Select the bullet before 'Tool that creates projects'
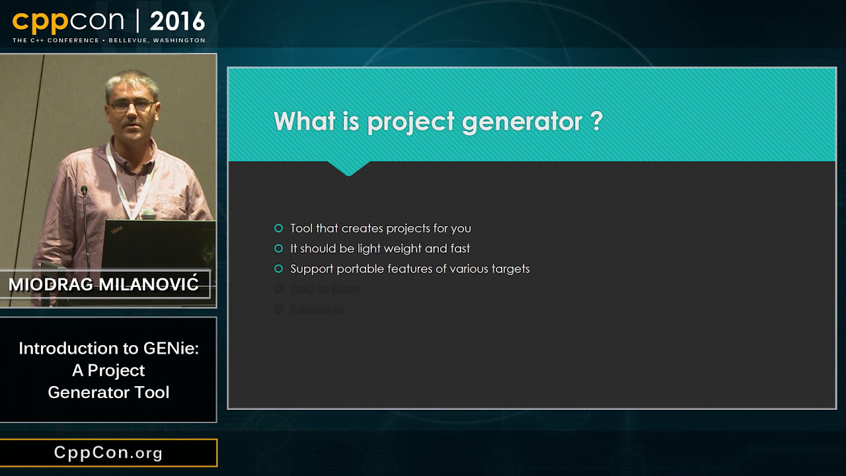(278, 228)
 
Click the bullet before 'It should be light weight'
(278, 249)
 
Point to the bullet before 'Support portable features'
(278, 269)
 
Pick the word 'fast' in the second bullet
(459, 249)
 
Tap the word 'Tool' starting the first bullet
(301, 228)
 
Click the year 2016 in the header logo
(177, 22)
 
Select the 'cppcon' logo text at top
(68, 22)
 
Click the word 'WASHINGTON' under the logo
(179, 40)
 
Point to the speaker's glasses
(132, 105)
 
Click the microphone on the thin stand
(84, 190)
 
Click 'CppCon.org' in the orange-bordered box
(108, 453)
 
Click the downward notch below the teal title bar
(348, 169)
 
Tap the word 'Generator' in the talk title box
(81, 392)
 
